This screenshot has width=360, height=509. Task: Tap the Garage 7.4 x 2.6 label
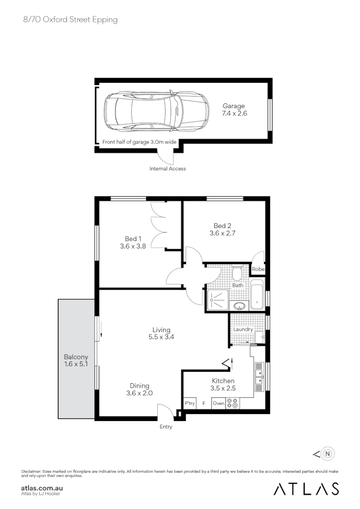point(234,110)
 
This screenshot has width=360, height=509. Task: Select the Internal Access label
point(168,169)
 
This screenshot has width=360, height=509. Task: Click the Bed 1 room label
point(132,243)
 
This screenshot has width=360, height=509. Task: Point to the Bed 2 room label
point(222,229)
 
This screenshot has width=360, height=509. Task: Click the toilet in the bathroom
point(237,273)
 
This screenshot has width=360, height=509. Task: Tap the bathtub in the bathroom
point(257,295)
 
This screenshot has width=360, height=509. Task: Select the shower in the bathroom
point(217,300)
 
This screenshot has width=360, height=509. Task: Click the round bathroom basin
point(239,305)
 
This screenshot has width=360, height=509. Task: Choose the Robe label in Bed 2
point(258,269)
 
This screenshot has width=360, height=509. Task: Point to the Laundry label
point(243,329)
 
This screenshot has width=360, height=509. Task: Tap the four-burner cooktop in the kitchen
point(232,403)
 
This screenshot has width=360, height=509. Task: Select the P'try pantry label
point(189,404)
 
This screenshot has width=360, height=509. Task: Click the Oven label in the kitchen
point(218,404)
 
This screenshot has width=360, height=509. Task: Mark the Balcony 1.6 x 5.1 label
point(76,361)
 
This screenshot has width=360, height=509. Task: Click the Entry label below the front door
point(166,427)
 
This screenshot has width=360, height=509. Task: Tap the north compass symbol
point(327,453)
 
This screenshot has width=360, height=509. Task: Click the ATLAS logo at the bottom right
point(306,489)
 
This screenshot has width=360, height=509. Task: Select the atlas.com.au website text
point(42,489)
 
